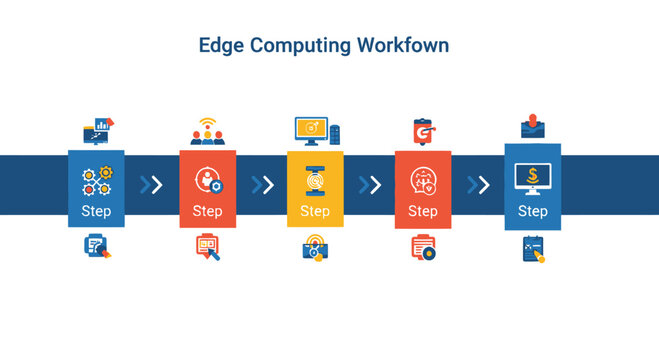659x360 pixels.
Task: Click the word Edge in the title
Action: click(x=224, y=46)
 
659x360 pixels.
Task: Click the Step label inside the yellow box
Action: click(x=315, y=211)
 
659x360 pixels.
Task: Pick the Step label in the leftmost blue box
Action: click(x=96, y=211)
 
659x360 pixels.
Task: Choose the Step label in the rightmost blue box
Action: click(x=532, y=211)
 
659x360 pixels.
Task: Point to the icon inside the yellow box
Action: click(x=315, y=181)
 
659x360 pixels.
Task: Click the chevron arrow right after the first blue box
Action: click(x=151, y=184)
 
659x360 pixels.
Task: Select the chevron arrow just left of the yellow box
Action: click(x=262, y=184)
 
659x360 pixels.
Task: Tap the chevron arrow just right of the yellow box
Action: click(x=370, y=184)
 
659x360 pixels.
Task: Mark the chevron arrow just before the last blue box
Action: click(x=479, y=184)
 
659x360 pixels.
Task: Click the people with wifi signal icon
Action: click(x=208, y=132)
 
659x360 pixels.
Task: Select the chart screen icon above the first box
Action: click(x=97, y=130)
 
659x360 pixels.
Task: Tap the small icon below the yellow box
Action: click(x=315, y=248)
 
